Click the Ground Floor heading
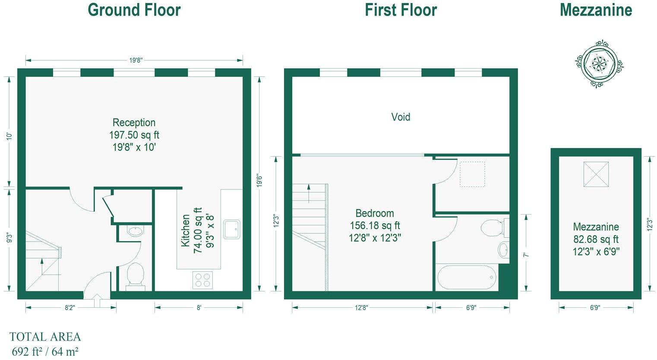coord(134,10)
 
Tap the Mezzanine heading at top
coord(596,10)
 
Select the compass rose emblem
coord(599,64)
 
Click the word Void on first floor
coord(401,117)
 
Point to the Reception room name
coord(134,123)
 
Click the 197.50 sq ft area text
coord(134,135)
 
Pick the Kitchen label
coord(186,231)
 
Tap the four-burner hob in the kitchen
coord(202,280)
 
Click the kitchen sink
coord(232,229)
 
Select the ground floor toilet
coord(136,275)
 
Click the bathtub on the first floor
coord(467,278)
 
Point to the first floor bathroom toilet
coord(494,228)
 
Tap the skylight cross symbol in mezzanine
coord(596,174)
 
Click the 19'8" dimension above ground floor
coord(136,60)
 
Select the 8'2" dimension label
coord(70,308)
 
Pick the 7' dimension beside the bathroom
coord(526,255)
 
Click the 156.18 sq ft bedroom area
coord(375,226)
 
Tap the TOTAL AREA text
coord(45,337)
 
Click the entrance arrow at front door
coord(97,300)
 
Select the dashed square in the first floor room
coord(472,174)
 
